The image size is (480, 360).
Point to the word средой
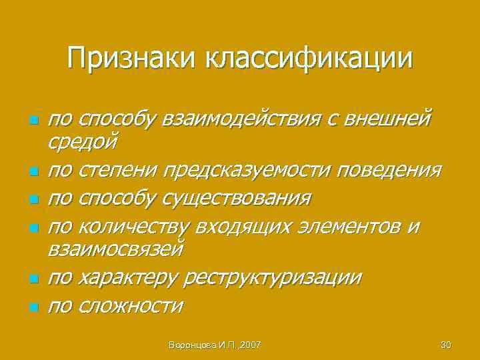83,141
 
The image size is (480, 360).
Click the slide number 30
446,345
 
